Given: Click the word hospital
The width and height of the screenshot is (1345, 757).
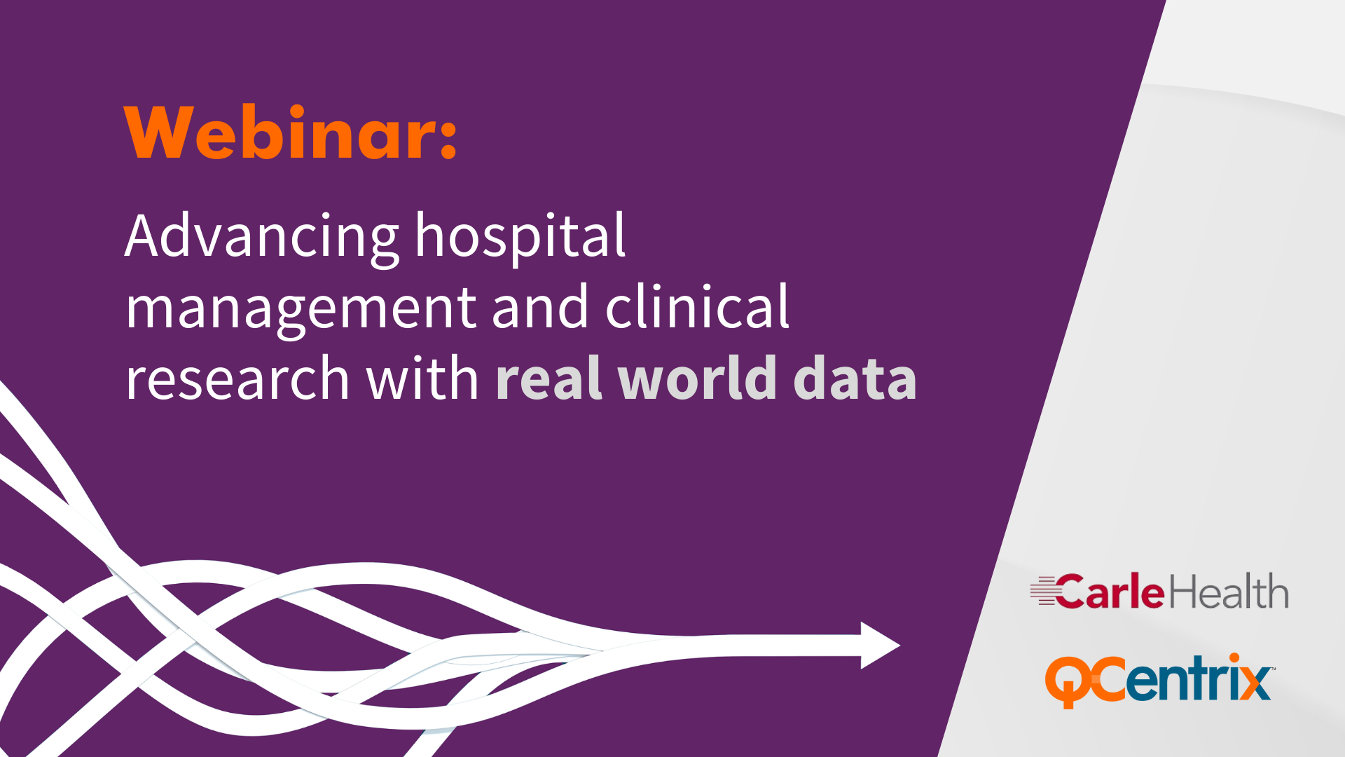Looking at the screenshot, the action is (x=520, y=237).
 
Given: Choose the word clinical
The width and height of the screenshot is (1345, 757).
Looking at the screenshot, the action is (x=697, y=306).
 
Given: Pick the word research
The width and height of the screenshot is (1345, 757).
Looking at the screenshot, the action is (x=237, y=378).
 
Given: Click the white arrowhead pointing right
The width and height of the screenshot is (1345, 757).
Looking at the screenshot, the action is (x=880, y=646).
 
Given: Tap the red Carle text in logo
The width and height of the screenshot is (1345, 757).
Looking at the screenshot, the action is (x=1110, y=592).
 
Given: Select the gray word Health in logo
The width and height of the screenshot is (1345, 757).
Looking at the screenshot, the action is (x=1228, y=591).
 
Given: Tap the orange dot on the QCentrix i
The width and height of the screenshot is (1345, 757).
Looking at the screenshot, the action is (x=1234, y=658).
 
